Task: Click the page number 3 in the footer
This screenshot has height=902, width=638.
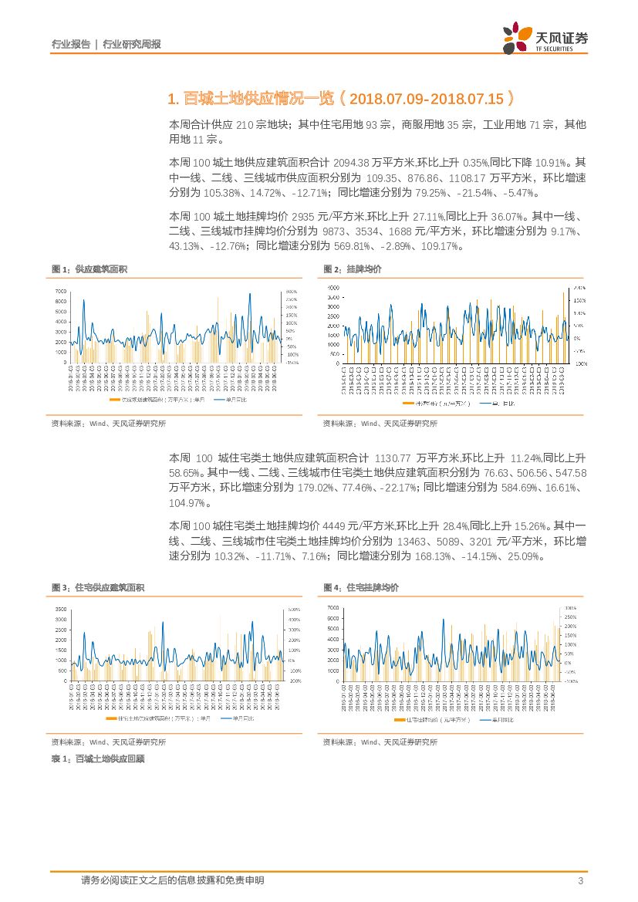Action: (579, 880)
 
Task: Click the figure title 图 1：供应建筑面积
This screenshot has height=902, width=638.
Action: (89, 269)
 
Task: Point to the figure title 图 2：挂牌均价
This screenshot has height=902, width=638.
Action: (352, 269)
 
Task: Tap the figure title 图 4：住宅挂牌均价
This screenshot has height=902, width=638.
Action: (360, 587)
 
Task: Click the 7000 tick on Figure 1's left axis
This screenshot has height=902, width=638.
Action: (60, 291)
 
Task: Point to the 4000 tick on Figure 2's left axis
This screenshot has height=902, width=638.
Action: (333, 298)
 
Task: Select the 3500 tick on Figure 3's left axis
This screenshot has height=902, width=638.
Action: (60, 610)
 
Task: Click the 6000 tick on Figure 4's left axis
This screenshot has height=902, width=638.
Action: (333, 618)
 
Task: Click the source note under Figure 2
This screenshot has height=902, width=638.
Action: (380, 423)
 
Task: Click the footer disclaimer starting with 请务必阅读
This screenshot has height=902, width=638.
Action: (172, 880)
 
